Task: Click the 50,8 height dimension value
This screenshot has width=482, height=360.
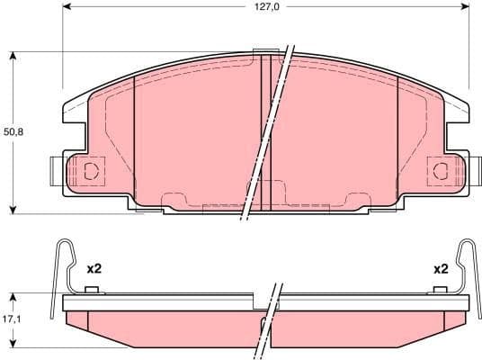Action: point(13,132)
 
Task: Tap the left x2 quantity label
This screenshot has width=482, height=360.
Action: point(94,268)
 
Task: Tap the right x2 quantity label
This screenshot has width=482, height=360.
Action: point(440,268)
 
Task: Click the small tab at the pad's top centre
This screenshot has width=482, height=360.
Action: point(266,51)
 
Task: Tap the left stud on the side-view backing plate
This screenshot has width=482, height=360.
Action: point(90,289)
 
